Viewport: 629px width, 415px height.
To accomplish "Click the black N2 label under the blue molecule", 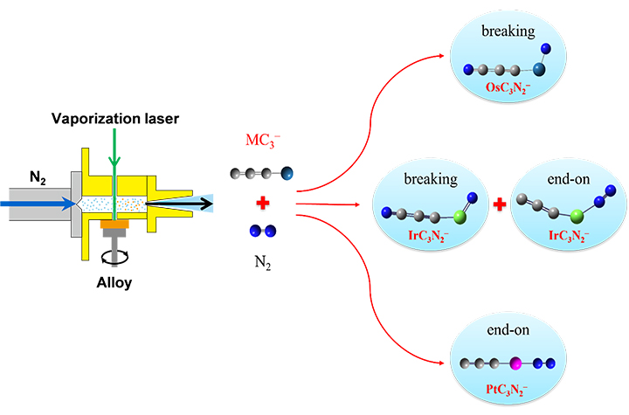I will coord(260,261).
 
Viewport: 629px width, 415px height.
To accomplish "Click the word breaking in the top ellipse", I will coord(506,31).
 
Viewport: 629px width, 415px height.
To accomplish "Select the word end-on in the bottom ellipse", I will coord(506,331).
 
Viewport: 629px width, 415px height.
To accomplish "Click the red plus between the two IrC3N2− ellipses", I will coord(499,206).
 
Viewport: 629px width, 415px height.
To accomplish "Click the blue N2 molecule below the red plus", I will coord(260,232).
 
